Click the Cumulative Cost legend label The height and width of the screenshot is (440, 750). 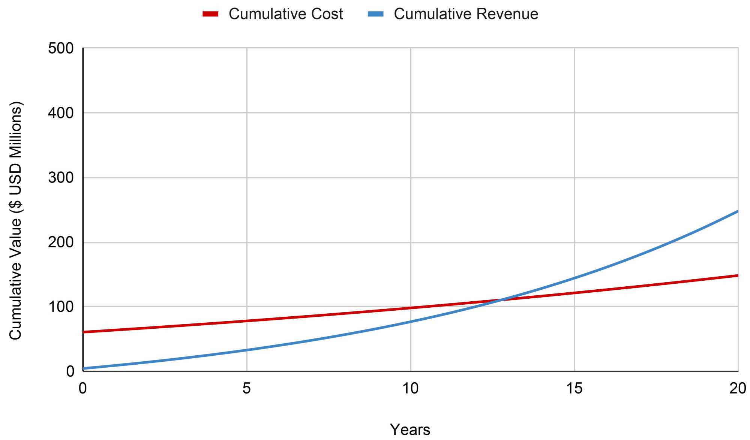tap(286, 14)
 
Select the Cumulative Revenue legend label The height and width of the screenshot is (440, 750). tap(466, 14)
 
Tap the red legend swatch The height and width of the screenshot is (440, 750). tap(210, 14)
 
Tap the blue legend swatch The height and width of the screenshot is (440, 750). tap(375, 14)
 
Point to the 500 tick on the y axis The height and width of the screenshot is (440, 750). tap(61, 48)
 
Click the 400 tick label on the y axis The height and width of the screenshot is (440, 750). tap(61, 113)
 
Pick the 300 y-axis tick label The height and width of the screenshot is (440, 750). tap(61, 178)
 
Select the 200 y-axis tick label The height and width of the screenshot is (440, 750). tap(61, 242)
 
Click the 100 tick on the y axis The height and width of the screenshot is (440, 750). tap(61, 307)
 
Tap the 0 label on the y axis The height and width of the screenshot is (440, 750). tap(70, 371)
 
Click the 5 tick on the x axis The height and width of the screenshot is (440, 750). tap(246, 389)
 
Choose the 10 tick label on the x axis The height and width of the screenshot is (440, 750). tap(410, 389)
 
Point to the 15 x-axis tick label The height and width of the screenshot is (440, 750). tap(574, 389)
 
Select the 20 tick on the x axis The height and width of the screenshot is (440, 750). tap(738, 389)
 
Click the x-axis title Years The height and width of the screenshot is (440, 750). tap(410, 430)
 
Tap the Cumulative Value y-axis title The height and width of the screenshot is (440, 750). tap(16, 220)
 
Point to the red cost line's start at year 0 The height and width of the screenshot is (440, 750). tap(83, 332)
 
